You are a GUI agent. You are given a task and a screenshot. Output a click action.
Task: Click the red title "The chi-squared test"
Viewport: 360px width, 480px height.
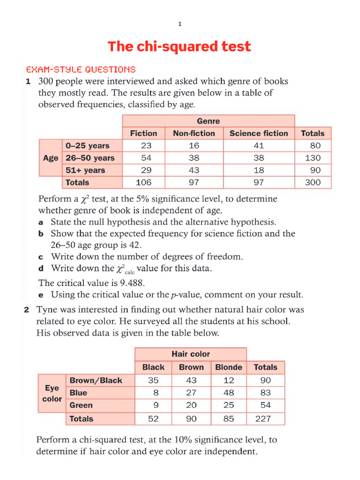(179, 46)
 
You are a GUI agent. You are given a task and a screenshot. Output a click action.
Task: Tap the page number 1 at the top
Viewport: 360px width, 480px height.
(180, 24)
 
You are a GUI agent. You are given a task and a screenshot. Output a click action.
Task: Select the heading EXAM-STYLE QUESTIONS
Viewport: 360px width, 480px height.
(81, 69)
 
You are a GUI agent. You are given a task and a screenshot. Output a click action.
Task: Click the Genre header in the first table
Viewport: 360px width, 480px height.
(208, 121)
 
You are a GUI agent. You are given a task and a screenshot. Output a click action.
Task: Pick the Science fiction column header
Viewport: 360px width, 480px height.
(259, 133)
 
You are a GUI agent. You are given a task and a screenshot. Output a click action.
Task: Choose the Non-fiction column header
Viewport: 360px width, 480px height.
(194, 133)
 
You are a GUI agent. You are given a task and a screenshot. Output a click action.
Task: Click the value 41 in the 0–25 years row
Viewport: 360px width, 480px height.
(259, 146)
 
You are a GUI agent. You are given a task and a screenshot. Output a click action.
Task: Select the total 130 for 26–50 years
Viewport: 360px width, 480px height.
(313, 158)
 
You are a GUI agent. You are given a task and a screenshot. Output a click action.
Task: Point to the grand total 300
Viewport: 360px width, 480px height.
(313, 182)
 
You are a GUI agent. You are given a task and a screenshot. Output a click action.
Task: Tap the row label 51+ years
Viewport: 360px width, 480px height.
(85, 170)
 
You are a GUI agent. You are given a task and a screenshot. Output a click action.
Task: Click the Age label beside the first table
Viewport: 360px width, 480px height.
(50, 158)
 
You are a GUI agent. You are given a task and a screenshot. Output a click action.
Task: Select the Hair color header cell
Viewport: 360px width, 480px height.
(190, 354)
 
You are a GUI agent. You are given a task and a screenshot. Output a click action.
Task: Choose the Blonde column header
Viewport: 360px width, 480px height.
(228, 367)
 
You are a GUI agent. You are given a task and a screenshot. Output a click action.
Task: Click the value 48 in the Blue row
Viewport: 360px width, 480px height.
(228, 393)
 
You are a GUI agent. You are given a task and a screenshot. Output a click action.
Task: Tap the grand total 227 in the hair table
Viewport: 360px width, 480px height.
(263, 419)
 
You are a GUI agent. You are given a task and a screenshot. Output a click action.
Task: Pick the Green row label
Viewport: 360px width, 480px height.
(81, 405)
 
